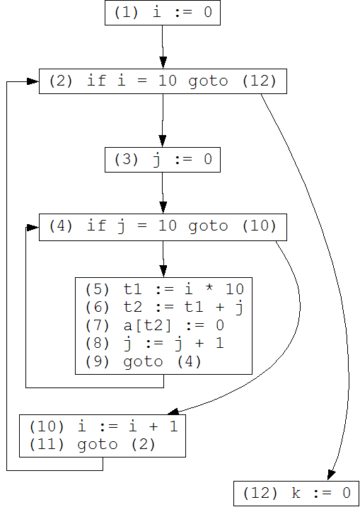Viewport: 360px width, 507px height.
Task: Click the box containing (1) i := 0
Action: coord(163,13)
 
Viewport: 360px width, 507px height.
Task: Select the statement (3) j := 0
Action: coord(163,160)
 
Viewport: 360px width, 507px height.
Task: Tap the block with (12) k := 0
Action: coord(296,493)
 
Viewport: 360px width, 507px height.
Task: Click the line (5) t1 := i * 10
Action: coord(164,289)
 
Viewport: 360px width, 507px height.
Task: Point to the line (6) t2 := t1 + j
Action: coord(164,307)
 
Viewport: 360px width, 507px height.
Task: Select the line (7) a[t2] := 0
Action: coord(155,325)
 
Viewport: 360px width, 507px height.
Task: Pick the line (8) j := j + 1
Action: coord(155,344)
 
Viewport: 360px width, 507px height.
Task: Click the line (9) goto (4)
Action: coord(144,362)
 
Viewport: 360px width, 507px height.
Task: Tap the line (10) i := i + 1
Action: coord(103,427)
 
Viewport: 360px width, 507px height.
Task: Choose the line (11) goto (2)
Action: coord(93,445)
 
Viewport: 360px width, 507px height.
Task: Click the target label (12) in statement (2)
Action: coord(260,81)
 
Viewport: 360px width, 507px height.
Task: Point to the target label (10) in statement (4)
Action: coord(260,226)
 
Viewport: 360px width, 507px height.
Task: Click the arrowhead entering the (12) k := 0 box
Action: coord(331,474)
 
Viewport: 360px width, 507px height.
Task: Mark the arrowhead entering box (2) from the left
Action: coord(33,81)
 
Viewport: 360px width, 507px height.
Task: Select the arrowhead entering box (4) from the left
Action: coord(33,228)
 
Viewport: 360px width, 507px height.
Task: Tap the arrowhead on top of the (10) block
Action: coord(173,412)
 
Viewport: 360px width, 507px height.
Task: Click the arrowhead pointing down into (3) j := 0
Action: coord(163,141)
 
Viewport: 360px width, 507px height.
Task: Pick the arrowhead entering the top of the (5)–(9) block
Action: coord(163,272)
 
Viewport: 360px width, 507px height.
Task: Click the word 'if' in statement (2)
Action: coord(96,81)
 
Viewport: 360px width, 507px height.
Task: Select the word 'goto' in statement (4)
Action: coord(209,227)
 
